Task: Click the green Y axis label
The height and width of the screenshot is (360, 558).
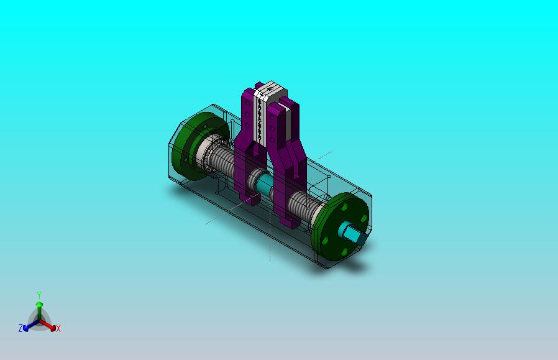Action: click(39, 295)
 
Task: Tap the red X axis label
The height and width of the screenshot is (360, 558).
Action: click(58, 328)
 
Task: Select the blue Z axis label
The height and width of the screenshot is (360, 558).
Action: click(21, 328)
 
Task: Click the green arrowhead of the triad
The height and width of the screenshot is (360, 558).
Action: click(40, 304)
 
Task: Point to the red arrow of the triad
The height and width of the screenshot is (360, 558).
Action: click(48, 325)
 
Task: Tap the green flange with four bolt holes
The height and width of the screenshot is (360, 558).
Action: click(339, 226)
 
